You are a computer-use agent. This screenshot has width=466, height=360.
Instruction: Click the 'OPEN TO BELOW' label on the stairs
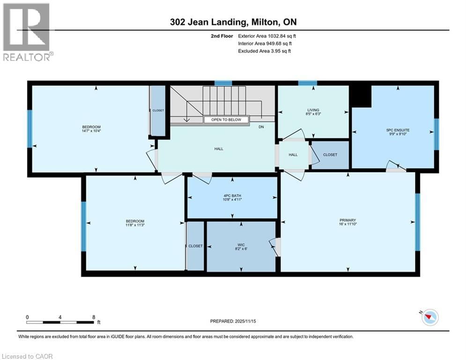click(223, 120)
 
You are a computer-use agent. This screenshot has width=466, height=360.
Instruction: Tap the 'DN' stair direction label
click(261, 127)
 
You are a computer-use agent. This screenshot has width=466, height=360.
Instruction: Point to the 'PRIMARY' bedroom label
click(348, 220)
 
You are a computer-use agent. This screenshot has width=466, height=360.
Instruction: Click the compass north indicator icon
click(429, 318)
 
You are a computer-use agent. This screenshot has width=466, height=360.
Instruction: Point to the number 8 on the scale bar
click(94, 317)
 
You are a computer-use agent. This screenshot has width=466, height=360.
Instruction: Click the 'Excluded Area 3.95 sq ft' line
click(265, 51)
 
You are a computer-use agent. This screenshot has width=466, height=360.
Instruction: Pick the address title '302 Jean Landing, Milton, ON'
click(233, 22)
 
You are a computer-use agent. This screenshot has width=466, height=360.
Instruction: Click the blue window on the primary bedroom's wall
click(417, 221)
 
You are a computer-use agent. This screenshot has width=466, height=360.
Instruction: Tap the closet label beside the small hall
click(330, 155)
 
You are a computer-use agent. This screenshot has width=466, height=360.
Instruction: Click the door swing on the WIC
click(275, 247)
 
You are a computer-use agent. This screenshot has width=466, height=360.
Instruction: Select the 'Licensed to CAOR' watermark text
click(28, 356)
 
